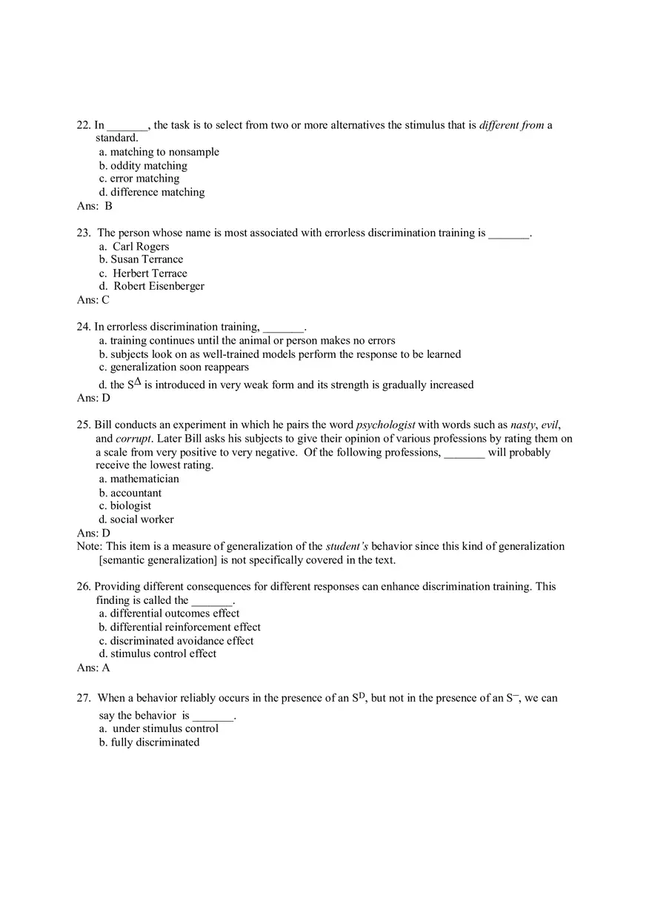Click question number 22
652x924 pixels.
pos(83,125)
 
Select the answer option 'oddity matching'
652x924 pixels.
pos(148,165)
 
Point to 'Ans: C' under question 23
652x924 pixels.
pos(93,299)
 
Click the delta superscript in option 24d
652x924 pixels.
pos(138,381)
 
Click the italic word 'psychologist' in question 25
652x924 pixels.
pos(385,425)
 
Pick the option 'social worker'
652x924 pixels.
pos(142,519)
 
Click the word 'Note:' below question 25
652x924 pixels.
pos(90,546)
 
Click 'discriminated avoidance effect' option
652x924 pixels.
pos(182,640)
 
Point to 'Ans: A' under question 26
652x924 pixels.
pos(93,668)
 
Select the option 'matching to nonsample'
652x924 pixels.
pos(164,152)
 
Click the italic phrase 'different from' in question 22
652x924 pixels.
pos(511,125)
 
